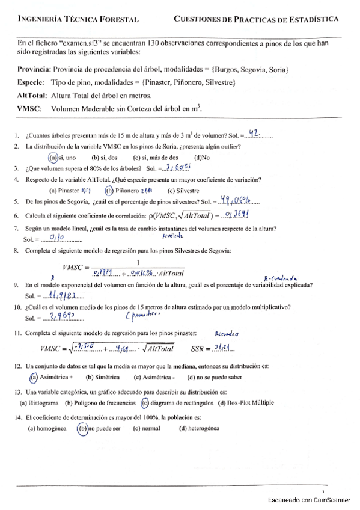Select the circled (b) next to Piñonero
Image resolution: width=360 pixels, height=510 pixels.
(x=109, y=190)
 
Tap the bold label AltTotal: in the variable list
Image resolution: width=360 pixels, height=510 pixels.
(x=32, y=96)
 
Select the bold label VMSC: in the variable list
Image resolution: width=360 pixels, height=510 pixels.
(x=29, y=109)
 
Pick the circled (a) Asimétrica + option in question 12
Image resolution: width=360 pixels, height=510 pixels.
(x=34, y=377)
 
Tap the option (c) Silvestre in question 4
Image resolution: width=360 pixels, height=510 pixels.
(x=183, y=190)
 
